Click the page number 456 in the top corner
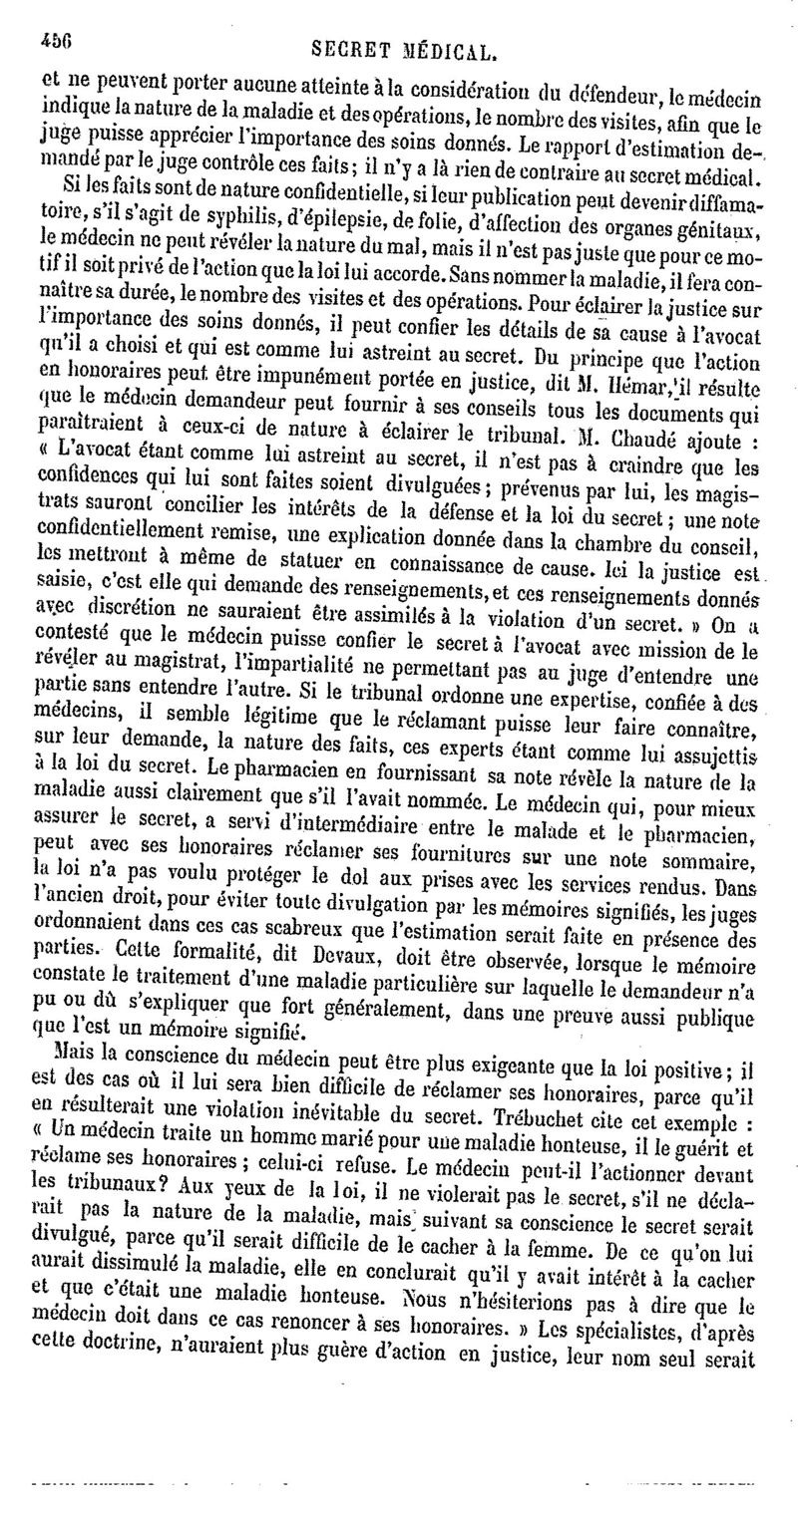click(x=57, y=39)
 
